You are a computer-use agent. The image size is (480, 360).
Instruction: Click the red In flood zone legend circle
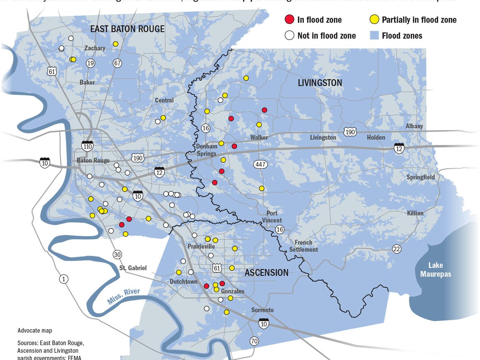tap(289, 20)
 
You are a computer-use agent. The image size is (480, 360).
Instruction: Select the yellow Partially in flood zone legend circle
tap(374, 20)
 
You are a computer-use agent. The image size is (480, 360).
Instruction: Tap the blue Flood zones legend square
tap(374, 35)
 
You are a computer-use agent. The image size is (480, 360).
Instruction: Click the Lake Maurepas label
tap(435, 269)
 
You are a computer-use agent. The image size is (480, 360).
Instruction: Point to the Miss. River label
tap(124, 296)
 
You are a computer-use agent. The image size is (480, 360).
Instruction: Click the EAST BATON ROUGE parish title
tap(127, 29)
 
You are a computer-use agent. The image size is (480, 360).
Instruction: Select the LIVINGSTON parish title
tap(320, 83)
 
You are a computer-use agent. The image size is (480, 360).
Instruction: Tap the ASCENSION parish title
tap(266, 273)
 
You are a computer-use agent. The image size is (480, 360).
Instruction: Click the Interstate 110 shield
tap(87, 146)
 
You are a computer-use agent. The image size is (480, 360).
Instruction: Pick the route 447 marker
tap(261, 164)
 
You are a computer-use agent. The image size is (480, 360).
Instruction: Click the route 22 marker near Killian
tap(397, 249)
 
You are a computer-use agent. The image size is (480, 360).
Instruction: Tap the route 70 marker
tap(254, 341)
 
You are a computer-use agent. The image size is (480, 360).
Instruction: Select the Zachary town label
tap(95, 48)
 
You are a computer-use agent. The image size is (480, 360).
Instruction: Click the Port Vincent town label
tap(272, 217)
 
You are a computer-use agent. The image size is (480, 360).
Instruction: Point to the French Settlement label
tap(303, 246)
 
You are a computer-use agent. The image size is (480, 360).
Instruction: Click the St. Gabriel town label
tap(133, 268)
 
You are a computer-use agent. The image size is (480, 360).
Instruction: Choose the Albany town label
tap(414, 126)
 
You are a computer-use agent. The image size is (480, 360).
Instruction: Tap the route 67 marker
tap(117, 63)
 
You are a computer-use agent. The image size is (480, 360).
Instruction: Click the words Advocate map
tap(35, 331)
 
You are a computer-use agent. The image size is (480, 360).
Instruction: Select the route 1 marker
tap(63, 279)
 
